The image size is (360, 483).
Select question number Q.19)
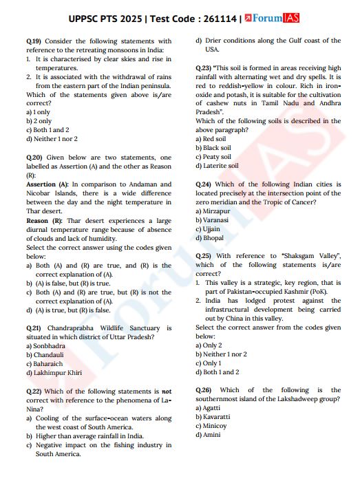pos(34,41)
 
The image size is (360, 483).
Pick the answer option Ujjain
pos(209,229)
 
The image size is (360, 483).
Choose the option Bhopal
pos(211,238)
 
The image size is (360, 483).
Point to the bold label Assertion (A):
pos(47,184)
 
